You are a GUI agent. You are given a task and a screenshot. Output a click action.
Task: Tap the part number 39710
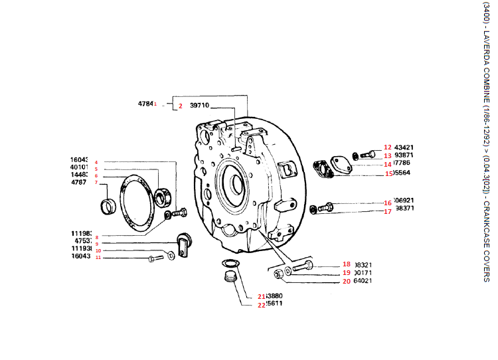(199, 106)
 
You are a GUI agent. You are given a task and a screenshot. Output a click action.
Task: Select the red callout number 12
(388, 147)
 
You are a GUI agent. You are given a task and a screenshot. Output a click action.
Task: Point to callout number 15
(389, 174)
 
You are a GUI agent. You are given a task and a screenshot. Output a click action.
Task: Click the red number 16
(388, 203)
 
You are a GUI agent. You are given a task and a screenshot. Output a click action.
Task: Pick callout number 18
(346, 264)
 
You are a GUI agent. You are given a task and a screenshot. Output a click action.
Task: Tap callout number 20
(346, 282)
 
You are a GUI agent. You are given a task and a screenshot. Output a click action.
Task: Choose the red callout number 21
(260, 296)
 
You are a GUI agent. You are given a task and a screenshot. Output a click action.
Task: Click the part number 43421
(404, 147)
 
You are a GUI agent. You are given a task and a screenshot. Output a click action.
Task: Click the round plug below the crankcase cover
(232, 277)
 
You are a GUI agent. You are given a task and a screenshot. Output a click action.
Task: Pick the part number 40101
(80, 167)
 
